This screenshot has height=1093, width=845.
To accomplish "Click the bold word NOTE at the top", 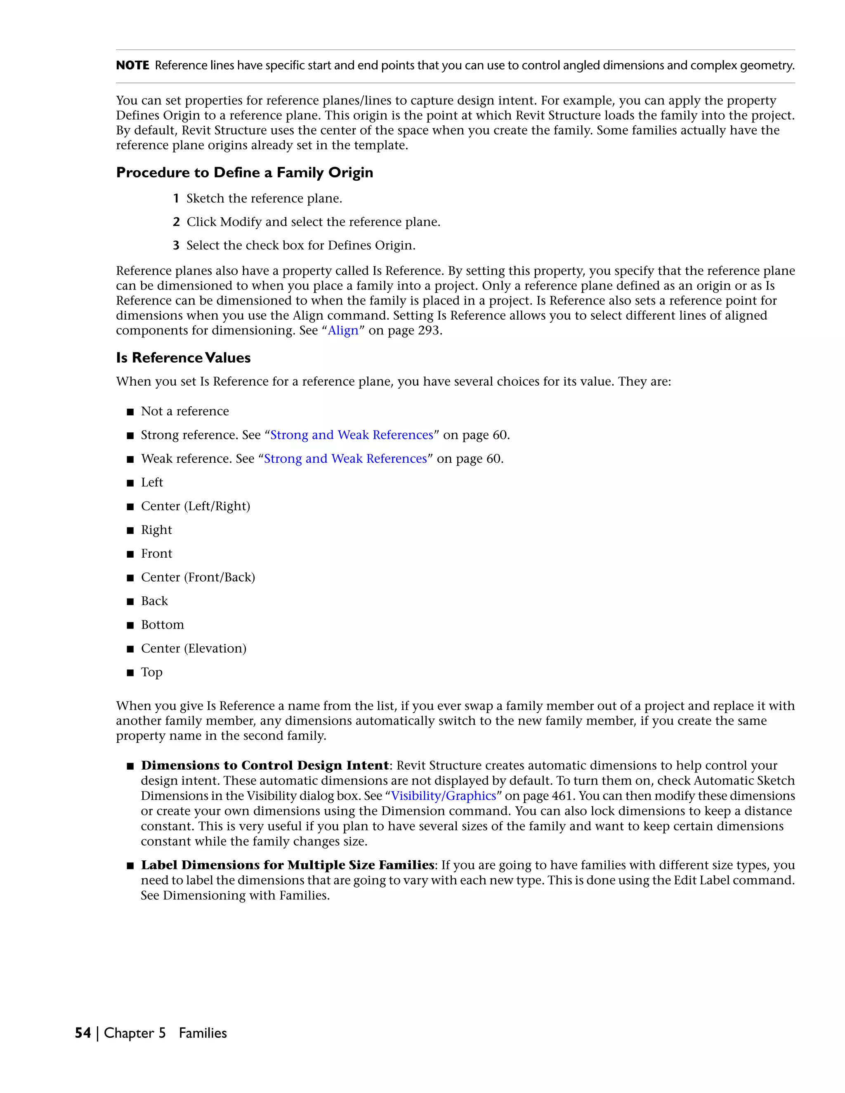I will (x=132, y=66).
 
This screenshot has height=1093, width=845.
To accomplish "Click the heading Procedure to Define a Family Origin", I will (x=244, y=173).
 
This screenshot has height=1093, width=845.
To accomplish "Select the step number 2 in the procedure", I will (x=176, y=222).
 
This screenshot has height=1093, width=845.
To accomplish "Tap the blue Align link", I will (x=343, y=331).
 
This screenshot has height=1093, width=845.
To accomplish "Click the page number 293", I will (x=429, y=331).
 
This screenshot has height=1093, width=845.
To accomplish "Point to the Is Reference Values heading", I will (x=183, y=358).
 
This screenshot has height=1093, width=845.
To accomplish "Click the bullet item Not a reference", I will (x=185, y=411).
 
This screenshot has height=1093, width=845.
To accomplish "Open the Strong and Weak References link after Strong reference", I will (x=352, y=435).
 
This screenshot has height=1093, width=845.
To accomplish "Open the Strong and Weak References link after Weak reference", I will (x=345, y=459).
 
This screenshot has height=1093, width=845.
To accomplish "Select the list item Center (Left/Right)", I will (x=195, y=506).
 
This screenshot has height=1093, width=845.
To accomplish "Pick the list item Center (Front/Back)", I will (x=198, y=577).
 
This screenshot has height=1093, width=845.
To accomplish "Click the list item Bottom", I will (x=162, y=625).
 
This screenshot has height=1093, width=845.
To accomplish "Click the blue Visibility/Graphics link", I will (x=444, y=796).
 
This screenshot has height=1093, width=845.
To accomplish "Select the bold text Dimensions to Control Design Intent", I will (x=265, y=766).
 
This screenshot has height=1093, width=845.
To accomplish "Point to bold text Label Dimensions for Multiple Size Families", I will (x=287, y=865).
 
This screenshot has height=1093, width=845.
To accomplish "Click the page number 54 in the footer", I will (x=83, y=1033).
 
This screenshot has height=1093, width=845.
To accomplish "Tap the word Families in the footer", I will (x=203, y=1033).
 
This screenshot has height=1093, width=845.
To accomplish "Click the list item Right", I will (x=156, y=530).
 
